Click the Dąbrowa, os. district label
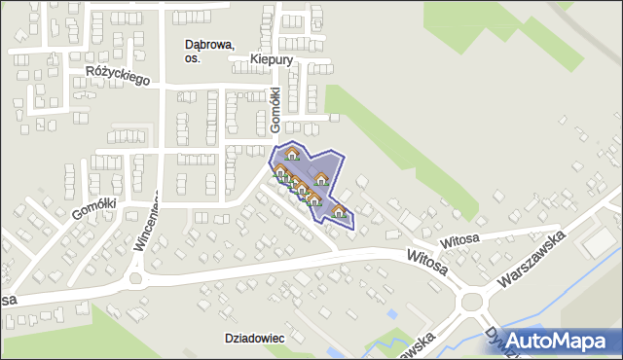[x=209, y=51]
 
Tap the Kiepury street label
[x=271, y=59]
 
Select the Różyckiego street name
[x=117, y=75]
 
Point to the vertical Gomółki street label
[x=275, y=110]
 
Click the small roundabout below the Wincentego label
[x=135, y=279]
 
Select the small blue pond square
[x=391, y=314]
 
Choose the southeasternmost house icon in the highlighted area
[x=339, y=212]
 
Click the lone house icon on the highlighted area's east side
[x=320, y=179]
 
